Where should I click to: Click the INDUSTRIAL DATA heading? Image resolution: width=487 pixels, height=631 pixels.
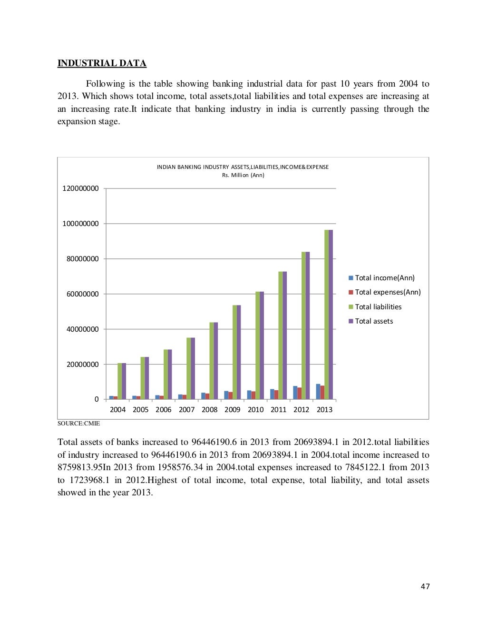click(x=102, y=63)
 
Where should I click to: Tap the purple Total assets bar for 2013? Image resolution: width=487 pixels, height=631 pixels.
click(x=331, y=314)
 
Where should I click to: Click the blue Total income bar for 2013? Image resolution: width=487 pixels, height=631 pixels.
click(x=318, y=391)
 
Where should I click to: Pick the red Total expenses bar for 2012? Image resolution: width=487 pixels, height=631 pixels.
click(x=300, y=393)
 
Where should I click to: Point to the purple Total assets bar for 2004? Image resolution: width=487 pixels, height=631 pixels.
click(x=124, y=381)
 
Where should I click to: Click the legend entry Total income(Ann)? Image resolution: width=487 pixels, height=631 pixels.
click(x=384, y=278)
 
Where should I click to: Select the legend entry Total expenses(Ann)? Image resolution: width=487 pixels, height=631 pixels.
click(x=388, y=292)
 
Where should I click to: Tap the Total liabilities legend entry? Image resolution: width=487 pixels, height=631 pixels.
click(x=378, y=307)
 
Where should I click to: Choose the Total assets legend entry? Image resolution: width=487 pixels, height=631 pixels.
click(x=374, y=321)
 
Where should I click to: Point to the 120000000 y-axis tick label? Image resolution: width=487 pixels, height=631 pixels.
click(x=80, y=188)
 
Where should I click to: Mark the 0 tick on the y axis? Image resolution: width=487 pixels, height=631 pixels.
click(x=97, y=399)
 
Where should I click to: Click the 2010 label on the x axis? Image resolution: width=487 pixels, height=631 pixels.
click(x=255, y=410)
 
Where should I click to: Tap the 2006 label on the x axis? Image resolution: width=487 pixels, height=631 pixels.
click(x=163, y=410)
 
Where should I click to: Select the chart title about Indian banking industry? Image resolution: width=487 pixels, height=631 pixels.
click(x=243, y=167)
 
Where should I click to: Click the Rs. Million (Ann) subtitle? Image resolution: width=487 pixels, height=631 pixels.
click(x=243, y=175)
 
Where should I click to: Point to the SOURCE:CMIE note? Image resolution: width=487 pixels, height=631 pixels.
click(x=78, y=423)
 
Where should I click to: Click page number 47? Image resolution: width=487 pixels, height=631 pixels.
click(x=425, y=586)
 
